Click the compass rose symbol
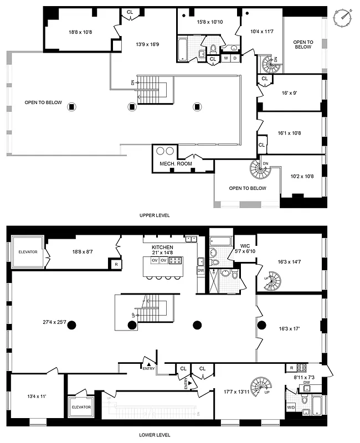tap(344, 17)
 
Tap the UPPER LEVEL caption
tap(155, 215)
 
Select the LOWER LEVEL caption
tap(155, 435)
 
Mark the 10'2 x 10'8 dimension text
tap(301, 177)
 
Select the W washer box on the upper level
tap(226, 58)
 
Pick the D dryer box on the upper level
tap(235, 58)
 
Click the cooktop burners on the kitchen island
tap(174, 260)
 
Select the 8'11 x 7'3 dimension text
tap(304, 378)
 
